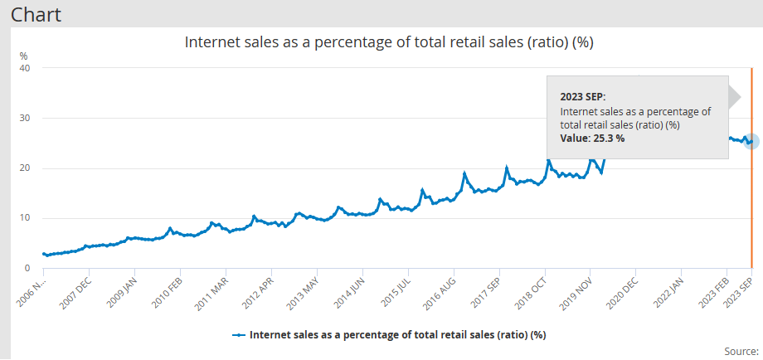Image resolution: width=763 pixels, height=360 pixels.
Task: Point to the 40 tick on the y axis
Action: coord(25,68)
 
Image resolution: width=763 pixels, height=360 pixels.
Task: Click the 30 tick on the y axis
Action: coord(25,119)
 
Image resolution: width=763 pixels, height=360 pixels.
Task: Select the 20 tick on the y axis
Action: coord(25,168)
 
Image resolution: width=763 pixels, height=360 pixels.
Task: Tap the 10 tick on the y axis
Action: coord(25,219)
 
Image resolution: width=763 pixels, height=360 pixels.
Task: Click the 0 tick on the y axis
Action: coord(27,269)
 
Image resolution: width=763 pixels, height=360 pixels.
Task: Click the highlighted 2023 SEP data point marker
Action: coord(751,141)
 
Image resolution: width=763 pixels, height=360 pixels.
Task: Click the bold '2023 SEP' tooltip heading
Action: coord(583,96)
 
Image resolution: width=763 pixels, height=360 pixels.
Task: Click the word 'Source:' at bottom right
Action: coord(741,352)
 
